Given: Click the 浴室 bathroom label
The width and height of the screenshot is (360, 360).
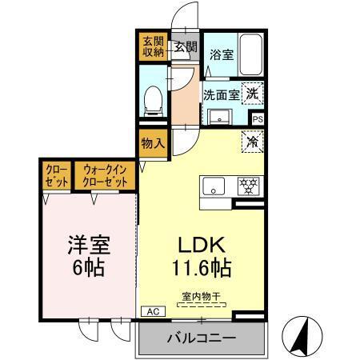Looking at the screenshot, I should pos(222,55).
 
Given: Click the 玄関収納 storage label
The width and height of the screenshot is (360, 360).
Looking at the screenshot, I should pos(153,47).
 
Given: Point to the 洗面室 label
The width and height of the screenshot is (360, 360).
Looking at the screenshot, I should pos(220,94).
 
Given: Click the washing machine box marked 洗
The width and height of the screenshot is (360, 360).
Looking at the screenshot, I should pos(252,93).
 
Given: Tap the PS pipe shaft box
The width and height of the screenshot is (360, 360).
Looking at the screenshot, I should pos(258,118).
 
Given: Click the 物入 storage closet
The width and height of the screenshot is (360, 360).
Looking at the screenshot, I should pos(152,146).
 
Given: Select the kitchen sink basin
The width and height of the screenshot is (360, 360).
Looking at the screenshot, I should pos(215,189).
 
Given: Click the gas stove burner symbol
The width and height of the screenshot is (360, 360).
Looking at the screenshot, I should pos(248,186).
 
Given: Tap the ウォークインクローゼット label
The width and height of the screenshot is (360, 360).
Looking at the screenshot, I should pos(106,176).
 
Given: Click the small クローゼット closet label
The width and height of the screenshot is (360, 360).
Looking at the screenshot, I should pos(55,176).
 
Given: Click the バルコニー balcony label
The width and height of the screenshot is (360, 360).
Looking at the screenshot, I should pos(202,338).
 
